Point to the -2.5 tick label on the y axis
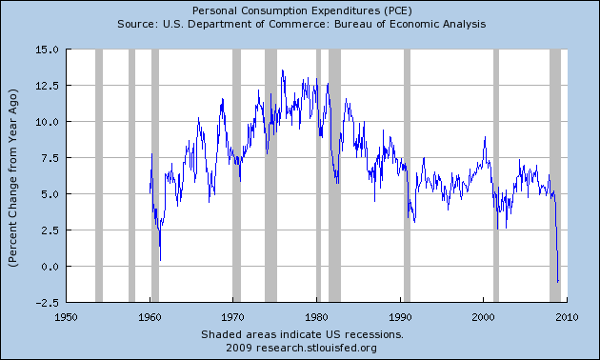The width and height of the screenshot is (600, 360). point(46,302)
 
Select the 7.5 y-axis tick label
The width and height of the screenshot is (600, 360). point(49,158)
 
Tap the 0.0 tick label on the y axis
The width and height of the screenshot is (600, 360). point(49,267)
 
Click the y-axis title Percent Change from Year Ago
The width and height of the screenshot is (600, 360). point(12,174)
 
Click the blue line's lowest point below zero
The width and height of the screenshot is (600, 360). point(558,282)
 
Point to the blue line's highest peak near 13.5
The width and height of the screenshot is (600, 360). point(282,70)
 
